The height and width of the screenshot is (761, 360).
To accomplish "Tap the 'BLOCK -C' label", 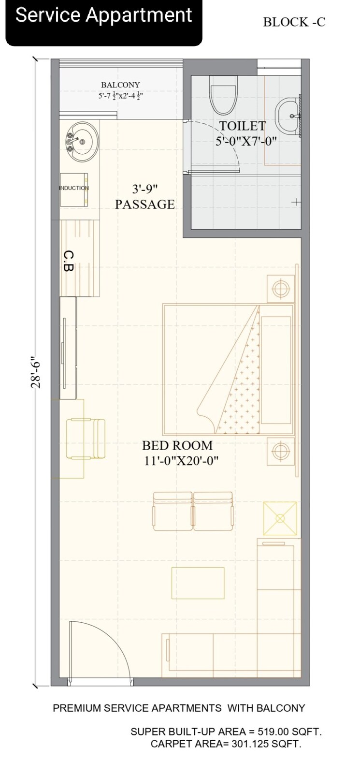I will pyautogui.click(x=294, y=22).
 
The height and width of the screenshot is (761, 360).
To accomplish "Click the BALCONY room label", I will pyautogui.click(x=120, y=85).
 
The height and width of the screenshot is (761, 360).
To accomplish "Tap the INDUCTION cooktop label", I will pyautogui.click(x=74, y=188).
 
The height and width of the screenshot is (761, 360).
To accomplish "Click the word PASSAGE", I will pyautogui.click(x=144, y=205).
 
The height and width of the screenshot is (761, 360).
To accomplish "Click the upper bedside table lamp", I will pyautogui.click(x=280, y=289).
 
